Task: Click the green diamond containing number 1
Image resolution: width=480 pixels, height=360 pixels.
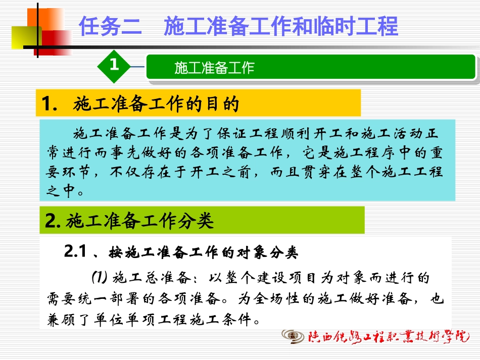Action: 114,65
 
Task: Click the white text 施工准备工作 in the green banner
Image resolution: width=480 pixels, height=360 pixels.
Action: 214,68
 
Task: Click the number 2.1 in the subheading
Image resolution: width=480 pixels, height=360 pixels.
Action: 77,251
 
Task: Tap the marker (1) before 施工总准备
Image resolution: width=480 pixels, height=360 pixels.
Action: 100,277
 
